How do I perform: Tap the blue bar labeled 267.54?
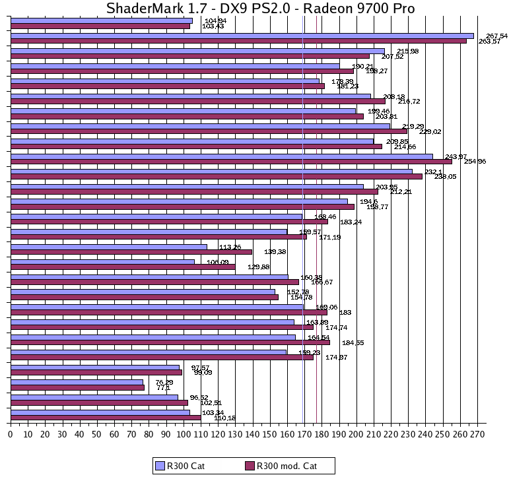tap(242, 36)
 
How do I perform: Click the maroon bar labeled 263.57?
tap(238, 41)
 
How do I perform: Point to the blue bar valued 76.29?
tap(77, 382)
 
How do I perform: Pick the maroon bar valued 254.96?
tap(231, 161)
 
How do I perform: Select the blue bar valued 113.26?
tap(109, 247)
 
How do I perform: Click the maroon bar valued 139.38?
tap(131, 252)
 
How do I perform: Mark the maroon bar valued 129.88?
tap(123, 267)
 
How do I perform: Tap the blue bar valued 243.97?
tap(222, 156)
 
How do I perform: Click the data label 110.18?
tap(224, 418)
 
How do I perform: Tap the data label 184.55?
tap(353, 342)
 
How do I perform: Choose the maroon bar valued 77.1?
tap(77, 387)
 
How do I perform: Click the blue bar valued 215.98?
tap(197, 51)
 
